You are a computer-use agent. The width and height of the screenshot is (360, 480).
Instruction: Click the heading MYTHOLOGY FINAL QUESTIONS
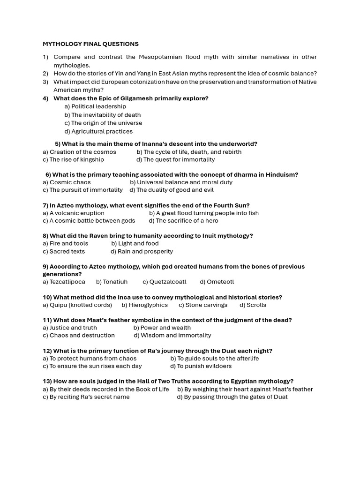tap(90, 44)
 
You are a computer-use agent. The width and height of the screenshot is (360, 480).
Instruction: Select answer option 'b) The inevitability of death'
tap(103, 115)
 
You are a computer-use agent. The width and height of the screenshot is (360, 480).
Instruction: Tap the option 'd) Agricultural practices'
tap(98, 131)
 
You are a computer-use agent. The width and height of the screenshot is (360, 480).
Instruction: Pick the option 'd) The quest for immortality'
tap(175, 159)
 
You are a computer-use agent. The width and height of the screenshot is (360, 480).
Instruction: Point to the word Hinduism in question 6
tap(282, 175)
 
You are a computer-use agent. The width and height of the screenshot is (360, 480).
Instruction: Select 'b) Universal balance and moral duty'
tap(181, 182)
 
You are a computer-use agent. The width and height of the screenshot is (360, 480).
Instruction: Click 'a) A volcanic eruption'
tap(74, 213)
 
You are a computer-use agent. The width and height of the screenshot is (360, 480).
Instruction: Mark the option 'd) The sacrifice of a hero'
tap(183, 220)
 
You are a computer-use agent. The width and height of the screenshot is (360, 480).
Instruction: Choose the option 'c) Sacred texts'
tap(64, 251)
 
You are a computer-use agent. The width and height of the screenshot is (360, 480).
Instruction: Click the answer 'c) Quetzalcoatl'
tap(165, 282)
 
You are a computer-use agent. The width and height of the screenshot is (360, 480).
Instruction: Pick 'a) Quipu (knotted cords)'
tap(77, 305)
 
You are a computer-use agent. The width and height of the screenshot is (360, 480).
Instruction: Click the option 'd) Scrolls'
tap(253, 305)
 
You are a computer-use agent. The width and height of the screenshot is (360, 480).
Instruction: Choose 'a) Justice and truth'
tap(70, 328)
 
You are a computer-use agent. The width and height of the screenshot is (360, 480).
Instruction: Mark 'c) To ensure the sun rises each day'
tap(92, 366)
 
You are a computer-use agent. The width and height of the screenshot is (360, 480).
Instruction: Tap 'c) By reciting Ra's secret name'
tap(86, 397)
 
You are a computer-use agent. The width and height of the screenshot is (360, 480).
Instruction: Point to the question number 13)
tap(47, 382)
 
